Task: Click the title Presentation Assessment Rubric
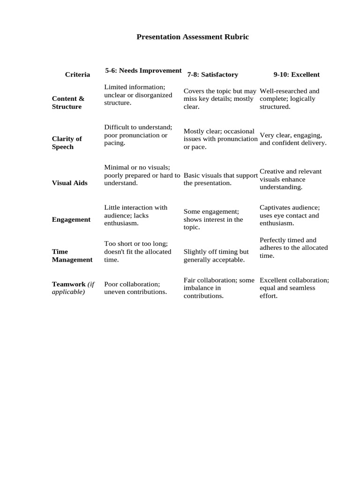point(192,37)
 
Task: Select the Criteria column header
point(78,75)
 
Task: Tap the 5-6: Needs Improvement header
point(143,70)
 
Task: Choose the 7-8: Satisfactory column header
point(212,75)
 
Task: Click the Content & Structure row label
point(68,103)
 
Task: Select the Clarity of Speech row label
point(67,142)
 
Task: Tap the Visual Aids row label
point(69,183)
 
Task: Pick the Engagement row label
point(71,219)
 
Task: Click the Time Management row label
point(72,255)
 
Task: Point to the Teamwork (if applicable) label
point(73,288)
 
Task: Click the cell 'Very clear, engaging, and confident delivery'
point(293,139)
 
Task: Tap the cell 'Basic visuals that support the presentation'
point(220,179)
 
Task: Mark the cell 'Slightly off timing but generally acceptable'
point(216,255)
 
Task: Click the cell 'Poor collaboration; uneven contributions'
point(135,288)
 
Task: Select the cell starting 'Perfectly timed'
point(293,247)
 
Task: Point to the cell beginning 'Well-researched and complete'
point(289,98)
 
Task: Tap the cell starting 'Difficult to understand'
point(138,135)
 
